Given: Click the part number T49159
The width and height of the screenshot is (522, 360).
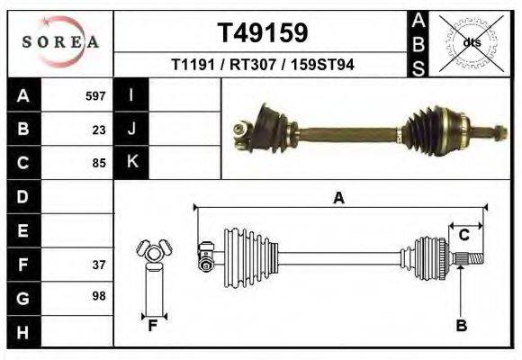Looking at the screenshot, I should click(x=262, y=32).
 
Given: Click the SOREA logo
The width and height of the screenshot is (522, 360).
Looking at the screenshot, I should click(x=59, y=42).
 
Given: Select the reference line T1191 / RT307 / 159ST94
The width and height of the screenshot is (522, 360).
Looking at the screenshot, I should click(x=261, y=66).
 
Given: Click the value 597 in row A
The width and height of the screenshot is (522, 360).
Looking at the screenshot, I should click(x=95, y=96).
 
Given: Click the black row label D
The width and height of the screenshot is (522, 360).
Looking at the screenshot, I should click(x=22, y=196).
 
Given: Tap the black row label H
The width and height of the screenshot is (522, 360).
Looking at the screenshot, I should click(x=22, y=331).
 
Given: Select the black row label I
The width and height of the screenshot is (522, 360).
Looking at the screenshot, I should click(x=131, y=95).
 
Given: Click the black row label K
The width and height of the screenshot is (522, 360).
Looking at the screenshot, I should click(x=131, y=162).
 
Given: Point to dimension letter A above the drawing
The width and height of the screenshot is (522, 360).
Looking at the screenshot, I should click(x=338, y=198).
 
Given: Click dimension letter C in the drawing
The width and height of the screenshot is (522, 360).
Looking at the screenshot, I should click(x=463, y=235).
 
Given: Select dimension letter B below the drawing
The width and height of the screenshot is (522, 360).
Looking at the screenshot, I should click(x=461, y=326).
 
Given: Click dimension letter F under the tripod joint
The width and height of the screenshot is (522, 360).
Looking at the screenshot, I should click(x=153, y=326).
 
